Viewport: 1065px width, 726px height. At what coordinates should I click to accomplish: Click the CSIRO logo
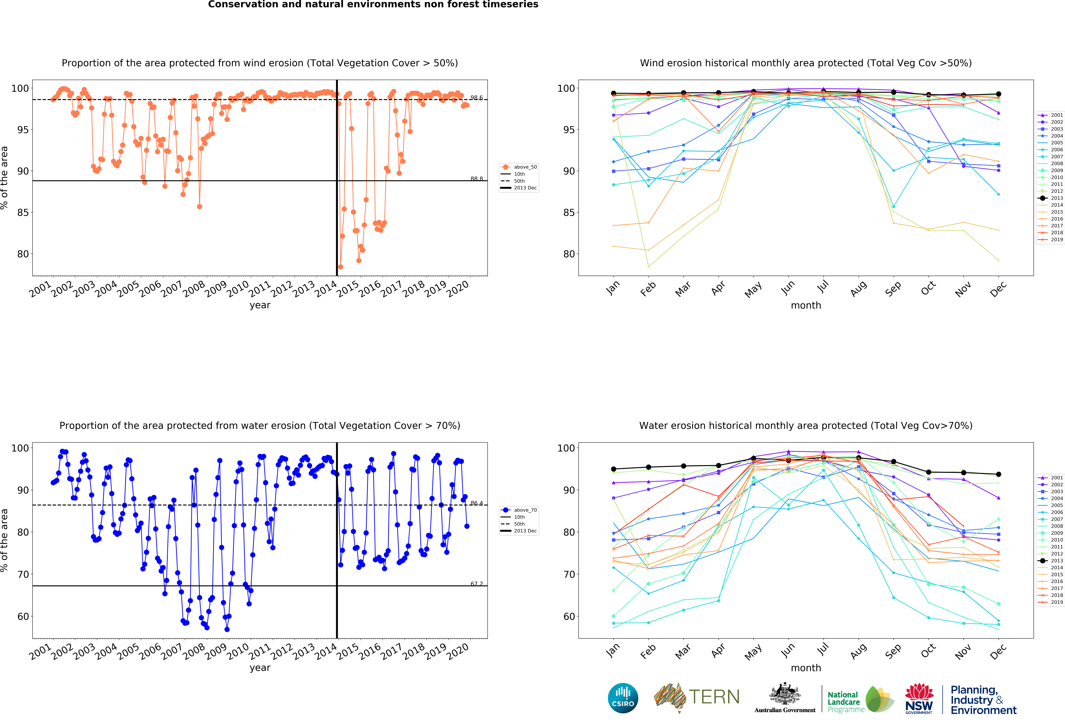point(623,698)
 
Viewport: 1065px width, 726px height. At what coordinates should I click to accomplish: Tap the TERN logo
point(697,697)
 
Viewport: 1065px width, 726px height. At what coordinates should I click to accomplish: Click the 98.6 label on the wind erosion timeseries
point(477,98)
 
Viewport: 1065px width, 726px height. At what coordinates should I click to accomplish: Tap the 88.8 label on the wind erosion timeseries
point(477,179)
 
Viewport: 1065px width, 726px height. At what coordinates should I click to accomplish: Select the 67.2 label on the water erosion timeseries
point(477,584)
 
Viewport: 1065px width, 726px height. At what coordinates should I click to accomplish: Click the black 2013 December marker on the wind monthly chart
point(999,94)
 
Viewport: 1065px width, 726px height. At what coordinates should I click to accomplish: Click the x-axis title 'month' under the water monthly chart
point(806,668)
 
